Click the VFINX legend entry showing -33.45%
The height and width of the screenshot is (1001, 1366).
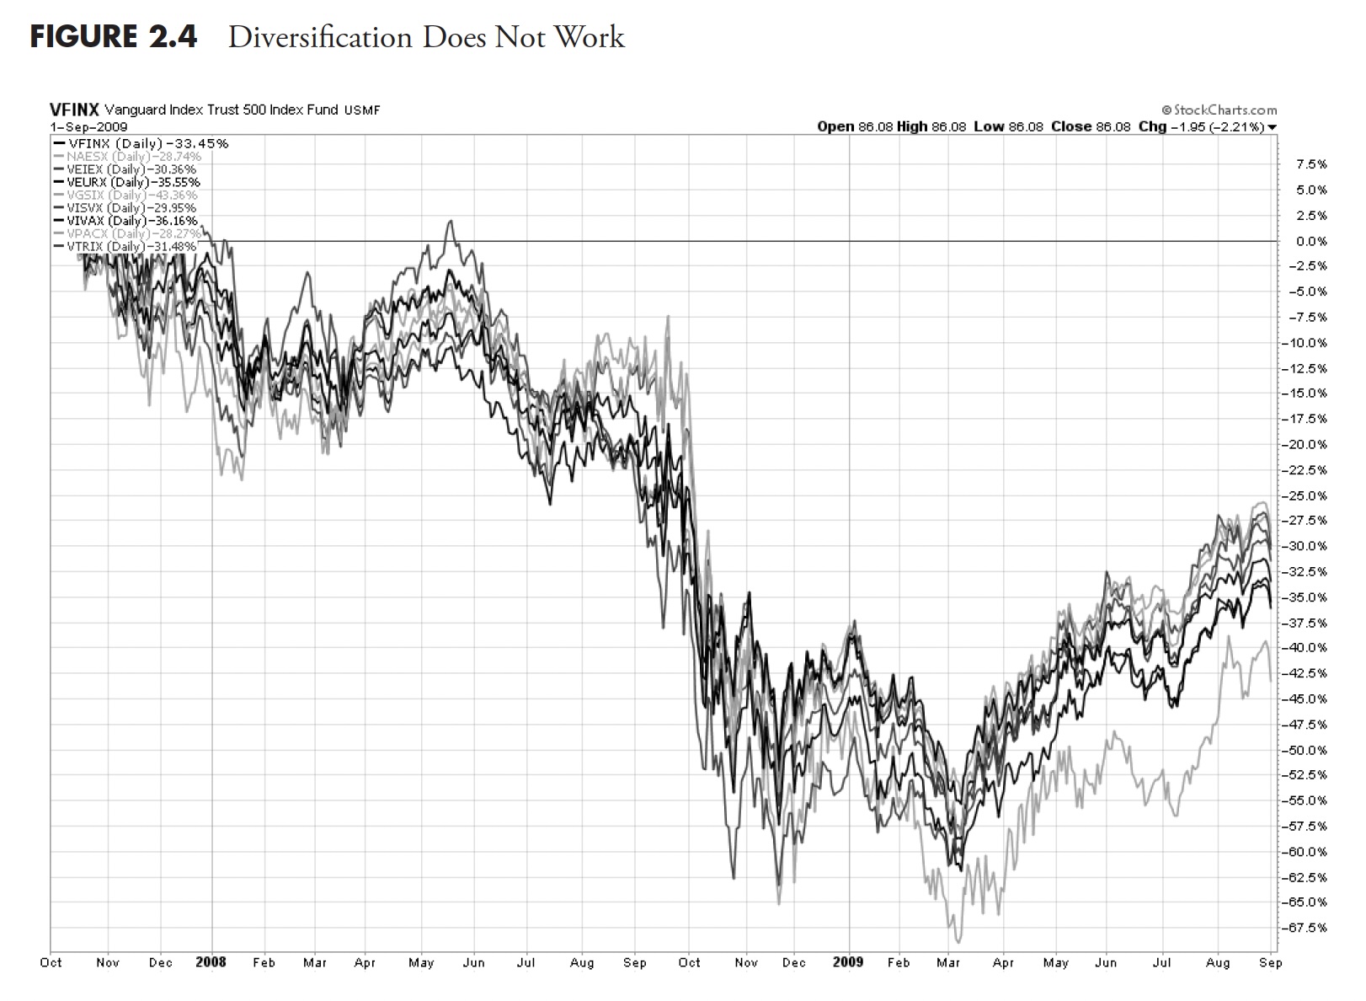pyautogui.click(x=139, y=143)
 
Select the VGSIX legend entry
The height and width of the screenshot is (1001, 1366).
pyautogui.click(x=126, y=195)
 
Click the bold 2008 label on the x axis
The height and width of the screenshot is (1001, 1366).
pyautogui.click(x=211, y=962)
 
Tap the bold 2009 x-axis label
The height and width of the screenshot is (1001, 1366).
pyautogui.click(x=847, y=962)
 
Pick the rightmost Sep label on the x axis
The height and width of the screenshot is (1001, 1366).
pyautogui.click(x=1271, y=962)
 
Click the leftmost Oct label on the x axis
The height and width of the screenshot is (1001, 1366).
pyautogui.click(x=51, y=962)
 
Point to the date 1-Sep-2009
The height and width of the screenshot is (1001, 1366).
pyautogui.click(x=88, y=127)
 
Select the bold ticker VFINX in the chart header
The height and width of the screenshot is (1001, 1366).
pyautogui.click(x=74, y=110)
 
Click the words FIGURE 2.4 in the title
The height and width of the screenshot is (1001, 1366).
pyautogui.click(x=114, y=37)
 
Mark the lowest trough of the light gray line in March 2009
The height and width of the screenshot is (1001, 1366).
pyautogui.click(x=957, y=941)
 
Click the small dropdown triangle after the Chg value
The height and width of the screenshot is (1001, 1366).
pyautogui.click(x=1273, y=127)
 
